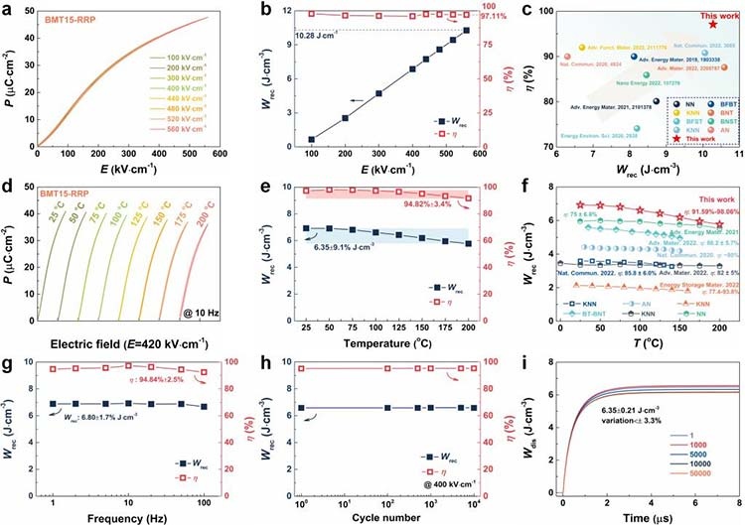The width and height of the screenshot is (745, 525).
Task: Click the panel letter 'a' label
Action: [9, 8]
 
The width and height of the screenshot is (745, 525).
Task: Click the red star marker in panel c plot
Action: [709, 24]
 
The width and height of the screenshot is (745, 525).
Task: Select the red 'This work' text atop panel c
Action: [710, 13]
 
